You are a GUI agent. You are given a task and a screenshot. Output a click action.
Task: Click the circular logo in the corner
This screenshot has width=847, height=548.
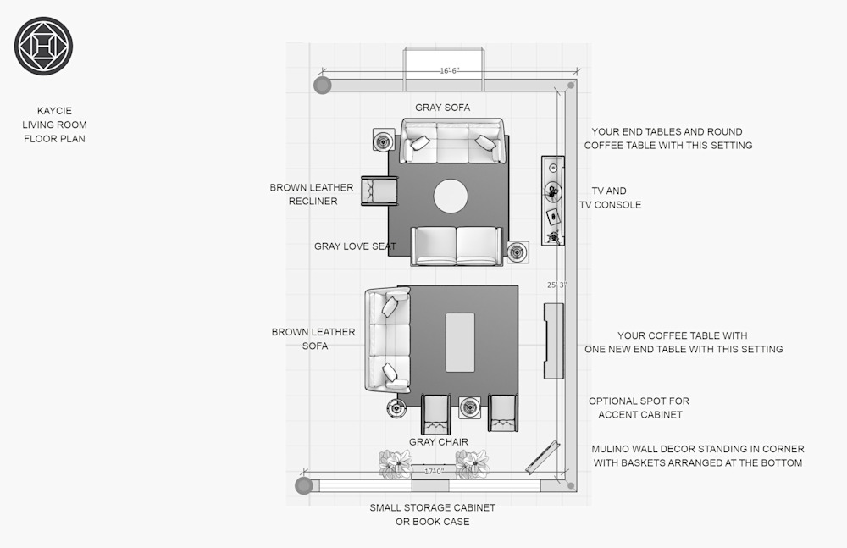[x=43, y=46]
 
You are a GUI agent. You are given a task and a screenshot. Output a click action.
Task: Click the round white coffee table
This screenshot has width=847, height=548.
[x=451, y=197]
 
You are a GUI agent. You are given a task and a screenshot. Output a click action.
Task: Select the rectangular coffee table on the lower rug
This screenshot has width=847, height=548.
[x=460, y=342]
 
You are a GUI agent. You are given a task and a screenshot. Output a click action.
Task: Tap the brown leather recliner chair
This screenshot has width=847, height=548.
[x=379, y=191]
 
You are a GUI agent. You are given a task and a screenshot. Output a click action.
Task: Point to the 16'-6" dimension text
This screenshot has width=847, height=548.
[x=450, y=71]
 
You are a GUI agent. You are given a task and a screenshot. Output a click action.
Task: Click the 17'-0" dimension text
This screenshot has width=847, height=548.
[x=434, y=471]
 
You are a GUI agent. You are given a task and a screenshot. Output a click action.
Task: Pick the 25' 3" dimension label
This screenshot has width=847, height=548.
[x=556, y=285]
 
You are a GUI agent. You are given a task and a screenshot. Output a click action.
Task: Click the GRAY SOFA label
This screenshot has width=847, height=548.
[x=442, y=108]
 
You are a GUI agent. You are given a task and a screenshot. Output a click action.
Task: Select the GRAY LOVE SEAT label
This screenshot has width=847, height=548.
[x=355, y=246]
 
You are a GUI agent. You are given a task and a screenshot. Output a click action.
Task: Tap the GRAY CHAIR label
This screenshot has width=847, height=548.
[x=439, y=442]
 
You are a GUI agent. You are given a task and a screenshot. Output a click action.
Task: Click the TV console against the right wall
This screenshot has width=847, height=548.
[x=553, y=201]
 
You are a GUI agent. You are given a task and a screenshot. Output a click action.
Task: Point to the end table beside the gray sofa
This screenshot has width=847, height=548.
[x=384, y=141]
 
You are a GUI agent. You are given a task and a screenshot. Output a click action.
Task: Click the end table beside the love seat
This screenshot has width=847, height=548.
[x=518, y=252]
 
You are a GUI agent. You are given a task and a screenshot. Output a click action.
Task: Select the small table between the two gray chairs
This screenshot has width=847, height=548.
[x=469, y=407]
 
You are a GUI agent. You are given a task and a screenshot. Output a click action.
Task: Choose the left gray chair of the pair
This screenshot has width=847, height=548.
[x=436, y=414]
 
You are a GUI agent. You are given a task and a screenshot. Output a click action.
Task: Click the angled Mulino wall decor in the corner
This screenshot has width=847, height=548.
[x=542, y=457]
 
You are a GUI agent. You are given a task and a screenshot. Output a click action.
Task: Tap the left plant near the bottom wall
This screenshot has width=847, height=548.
[x=396, y=464]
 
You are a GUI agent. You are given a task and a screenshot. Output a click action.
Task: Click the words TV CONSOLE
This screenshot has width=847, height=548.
[x=611, y=205]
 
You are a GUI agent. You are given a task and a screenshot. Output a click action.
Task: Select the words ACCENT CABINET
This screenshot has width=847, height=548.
[x=640, y=415]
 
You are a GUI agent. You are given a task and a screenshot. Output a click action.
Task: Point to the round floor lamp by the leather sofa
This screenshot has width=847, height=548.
[x=396, y=408]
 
